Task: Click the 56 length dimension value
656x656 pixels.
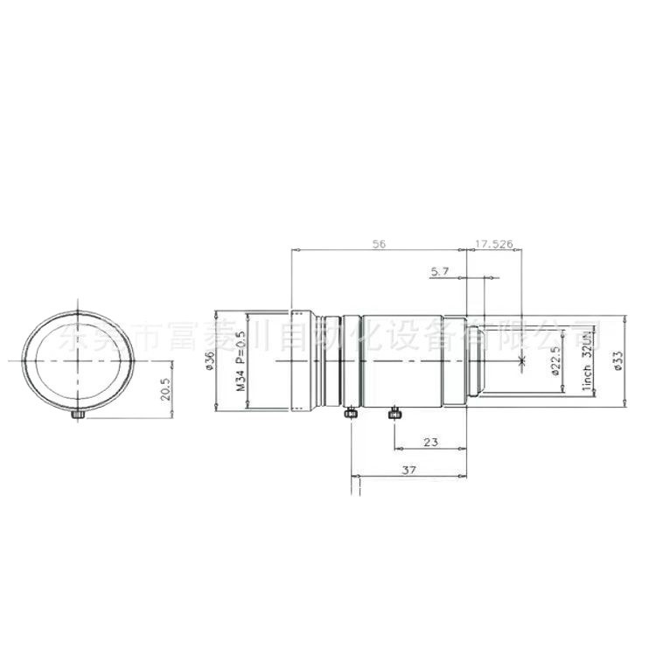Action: (379, 244)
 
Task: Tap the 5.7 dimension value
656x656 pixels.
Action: (440, 272)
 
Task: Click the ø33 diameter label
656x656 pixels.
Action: (618, 359)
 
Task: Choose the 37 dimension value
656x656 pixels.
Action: (408, 471)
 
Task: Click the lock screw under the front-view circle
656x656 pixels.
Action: (78, 414)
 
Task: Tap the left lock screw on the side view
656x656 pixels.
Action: (352, 413)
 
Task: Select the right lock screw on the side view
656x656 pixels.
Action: (395, 411)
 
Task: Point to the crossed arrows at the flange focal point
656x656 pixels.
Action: (521, 360)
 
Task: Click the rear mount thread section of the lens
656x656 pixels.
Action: (477, 360)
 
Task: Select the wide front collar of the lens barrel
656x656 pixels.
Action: (303, 360)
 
